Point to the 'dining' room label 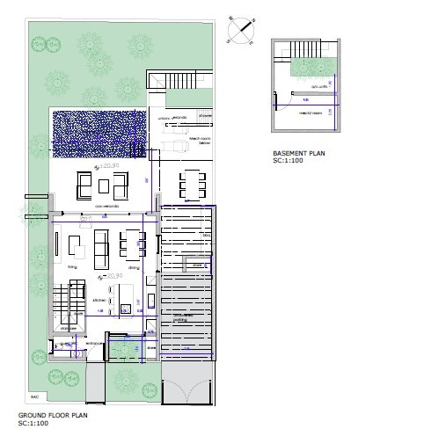[134, 266]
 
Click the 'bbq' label [208, 235]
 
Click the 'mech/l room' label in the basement [307, 113]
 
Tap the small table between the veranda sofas [105, 185]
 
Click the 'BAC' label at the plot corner [34, 396]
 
